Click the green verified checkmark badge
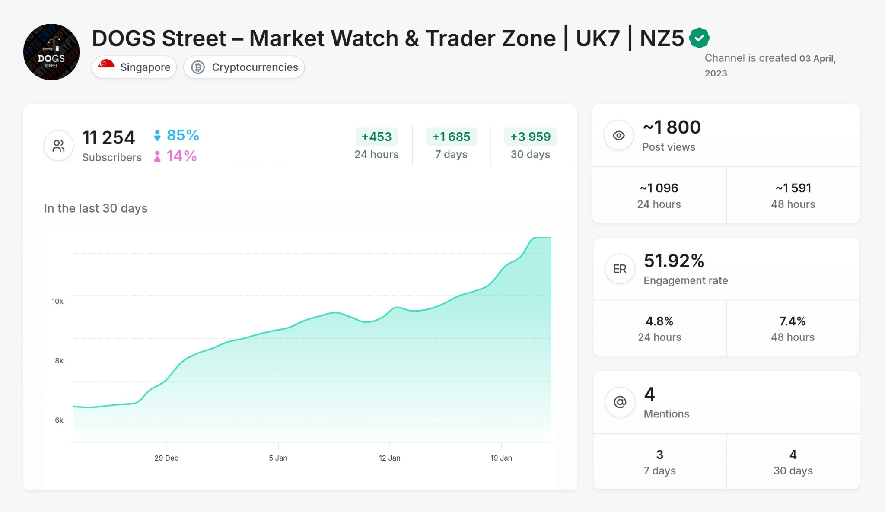[x=699, y=38]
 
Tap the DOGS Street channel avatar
[x=51, y=52]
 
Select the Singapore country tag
[x=134, y=67]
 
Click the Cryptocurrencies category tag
[x=244, y=67]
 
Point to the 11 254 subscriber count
[x=108, y=138]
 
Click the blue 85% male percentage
[x=182, y=135]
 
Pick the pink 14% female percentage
[x=181, y=156]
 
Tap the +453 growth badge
[x=376, y=137]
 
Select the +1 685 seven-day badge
[x=451, y=137]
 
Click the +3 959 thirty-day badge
[x=530, y=137]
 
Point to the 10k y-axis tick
[x=57, y=301]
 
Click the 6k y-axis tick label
[x=59, y=420]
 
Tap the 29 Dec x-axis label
[x=166, y=458]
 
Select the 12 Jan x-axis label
[x=389, y=458]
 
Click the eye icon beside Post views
[x=619, y=136]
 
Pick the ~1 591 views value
[x=793, y=188]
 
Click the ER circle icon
[x=620, y=269]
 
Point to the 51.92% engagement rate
[x=674, y=261]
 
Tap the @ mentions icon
[x=620, y=402]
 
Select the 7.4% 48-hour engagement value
[x=792, y=321]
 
